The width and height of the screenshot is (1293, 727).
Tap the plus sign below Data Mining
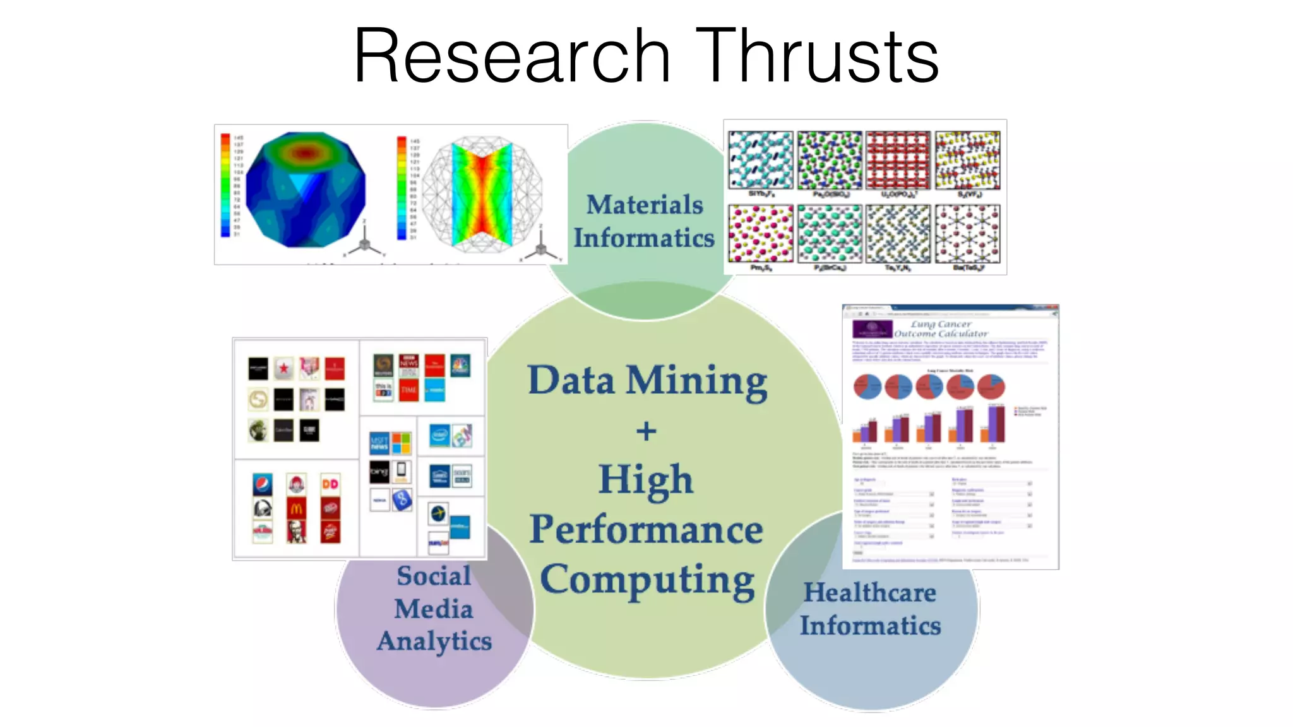coord(646,432)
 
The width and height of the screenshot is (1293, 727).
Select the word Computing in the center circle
coord(647,581)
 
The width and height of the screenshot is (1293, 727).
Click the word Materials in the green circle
coord(645,205)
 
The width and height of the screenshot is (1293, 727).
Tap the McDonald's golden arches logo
coord(296,507)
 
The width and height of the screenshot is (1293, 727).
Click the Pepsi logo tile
coord(263,484)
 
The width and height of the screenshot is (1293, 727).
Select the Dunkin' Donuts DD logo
coord(330,484)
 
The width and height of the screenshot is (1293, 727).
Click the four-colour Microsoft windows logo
coord(401,443)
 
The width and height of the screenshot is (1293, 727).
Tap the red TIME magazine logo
coord(408,390)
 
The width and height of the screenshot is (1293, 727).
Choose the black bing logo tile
coord(379,471)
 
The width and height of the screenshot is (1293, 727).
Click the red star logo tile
coord(284,368)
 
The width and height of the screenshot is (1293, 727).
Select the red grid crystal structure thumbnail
coord(898,160)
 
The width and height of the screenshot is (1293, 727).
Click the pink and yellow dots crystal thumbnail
coord(760,233)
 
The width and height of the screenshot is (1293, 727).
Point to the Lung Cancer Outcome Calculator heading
coord(940,329)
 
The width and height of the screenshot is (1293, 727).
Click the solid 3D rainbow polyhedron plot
coord(306,189)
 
